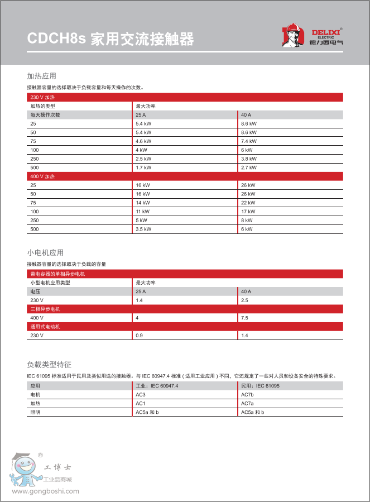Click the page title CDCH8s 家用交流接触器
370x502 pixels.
click(x=111, y=39)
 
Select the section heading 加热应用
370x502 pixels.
click(x=42, y=76)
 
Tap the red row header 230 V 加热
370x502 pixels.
click(x=42, y=97)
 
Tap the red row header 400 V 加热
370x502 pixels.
click(x=42, y=176)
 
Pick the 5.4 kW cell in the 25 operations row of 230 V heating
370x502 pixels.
click(x=143, y=123)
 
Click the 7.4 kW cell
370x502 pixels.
click(x=249, y=141)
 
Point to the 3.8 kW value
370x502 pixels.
click(x=249, y=159)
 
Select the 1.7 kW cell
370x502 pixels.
click(x=143, y=168)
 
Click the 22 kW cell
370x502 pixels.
click(x=248, y=203)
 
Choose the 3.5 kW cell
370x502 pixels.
click(x=143, y=229)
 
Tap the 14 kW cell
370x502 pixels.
click(x=143, y=203)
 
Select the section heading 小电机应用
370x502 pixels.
click(x=45, y=252)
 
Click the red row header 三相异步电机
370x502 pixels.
click(x=45, y=309)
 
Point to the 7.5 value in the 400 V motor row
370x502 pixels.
click(x=244, y=318)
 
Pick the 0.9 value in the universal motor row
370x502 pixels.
click(x=139, y=335)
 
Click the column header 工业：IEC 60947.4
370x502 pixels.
click(x=157, y=386)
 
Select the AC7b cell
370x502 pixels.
click(x=247, y=394)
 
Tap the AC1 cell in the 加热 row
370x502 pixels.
click(x=141, y=403)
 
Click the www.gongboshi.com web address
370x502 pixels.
click(x=46, y=491)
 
